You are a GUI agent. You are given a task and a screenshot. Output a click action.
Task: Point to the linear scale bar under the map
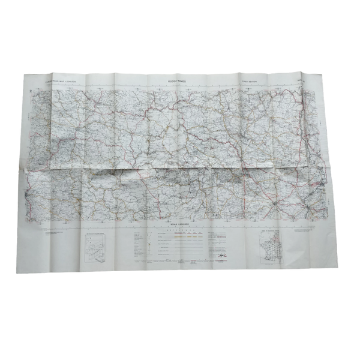(180, 225)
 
